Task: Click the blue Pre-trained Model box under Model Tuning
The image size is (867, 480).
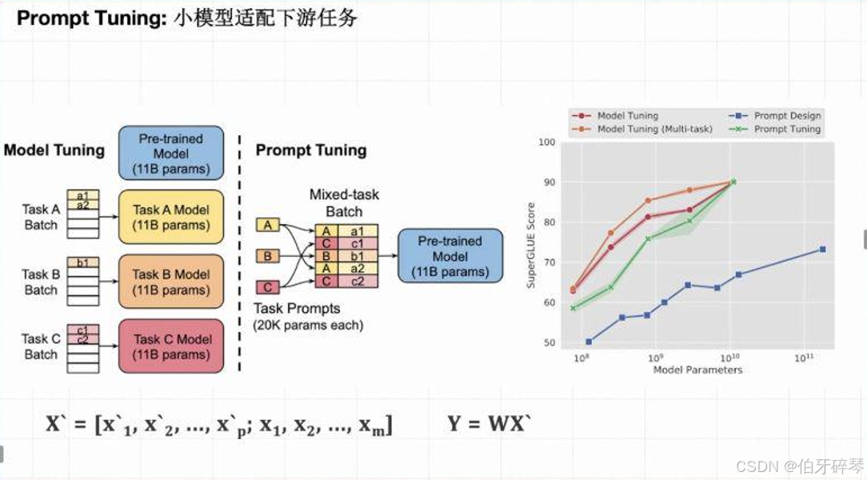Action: (170, 153)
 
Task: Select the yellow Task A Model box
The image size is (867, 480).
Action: (170, 217)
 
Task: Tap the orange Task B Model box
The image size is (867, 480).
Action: (170, 282)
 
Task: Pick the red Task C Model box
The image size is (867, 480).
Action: (170, 346)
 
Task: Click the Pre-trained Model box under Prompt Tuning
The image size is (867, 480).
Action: (449, 256)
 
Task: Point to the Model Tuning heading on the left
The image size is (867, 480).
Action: (54, 150)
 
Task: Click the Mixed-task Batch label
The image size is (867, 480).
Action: (345, 203)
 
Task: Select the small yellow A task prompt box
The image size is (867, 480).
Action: (267, 226)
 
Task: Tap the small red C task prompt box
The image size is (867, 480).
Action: (267, 287)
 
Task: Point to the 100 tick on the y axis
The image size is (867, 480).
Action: (547, 142)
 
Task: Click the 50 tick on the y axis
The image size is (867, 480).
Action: (548, 342)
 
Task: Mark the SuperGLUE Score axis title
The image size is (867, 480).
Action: (529, 243)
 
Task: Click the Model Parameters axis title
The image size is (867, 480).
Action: (697, 370)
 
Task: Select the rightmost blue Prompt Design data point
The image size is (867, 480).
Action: (822, 250)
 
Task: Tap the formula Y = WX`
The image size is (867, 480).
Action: (489, 423)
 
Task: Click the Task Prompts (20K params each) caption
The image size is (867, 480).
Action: (308, 317)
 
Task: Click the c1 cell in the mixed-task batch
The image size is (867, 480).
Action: (357, 243)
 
